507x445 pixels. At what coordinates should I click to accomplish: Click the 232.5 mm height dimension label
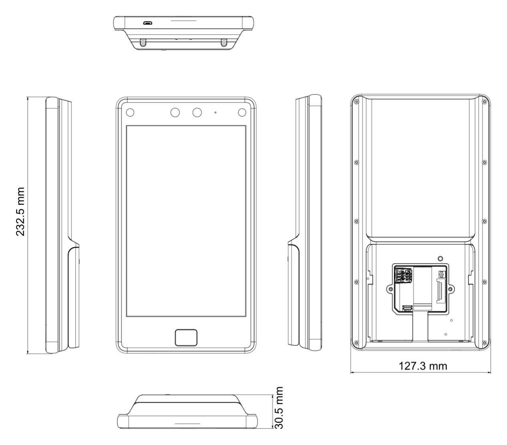tap(20, 212)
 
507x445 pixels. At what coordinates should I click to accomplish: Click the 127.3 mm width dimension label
tap(423, 366)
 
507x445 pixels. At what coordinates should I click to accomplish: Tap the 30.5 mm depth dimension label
tap(279, 408)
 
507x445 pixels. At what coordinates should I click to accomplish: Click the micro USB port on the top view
tap(148, 23)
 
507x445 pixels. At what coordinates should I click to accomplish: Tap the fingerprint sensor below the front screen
tap(186, 338)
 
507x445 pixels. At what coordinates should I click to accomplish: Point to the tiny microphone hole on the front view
tap(215, 113)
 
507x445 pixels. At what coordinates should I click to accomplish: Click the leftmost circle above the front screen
tap(130, 113)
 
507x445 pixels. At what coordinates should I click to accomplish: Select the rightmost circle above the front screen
tap(242, 113)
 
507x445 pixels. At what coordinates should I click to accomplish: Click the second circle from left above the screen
tap(175, 113)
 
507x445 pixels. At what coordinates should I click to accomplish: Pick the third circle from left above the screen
tap(197, 113)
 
